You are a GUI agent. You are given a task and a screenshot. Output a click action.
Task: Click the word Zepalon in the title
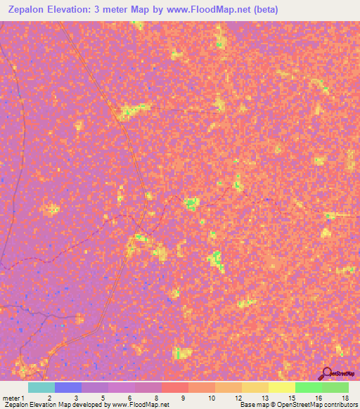pos(32,10)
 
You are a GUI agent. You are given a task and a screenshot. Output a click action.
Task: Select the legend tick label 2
pos(49,398)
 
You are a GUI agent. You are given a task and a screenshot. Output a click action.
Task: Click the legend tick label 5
pos(103,398)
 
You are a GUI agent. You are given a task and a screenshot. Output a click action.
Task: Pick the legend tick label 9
pos(183,398)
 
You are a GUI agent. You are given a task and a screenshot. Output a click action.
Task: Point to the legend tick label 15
pos(291,398)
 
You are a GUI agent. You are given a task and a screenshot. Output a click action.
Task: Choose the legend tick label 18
pos(345,398)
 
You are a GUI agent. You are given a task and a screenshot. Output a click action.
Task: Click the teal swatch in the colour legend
pos(41,387)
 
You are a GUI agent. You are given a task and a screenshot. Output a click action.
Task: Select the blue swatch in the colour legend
pos(67,387)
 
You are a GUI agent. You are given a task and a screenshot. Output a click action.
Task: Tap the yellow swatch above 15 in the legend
pos(281,387)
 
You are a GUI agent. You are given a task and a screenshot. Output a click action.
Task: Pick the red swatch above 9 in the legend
pos(174,387)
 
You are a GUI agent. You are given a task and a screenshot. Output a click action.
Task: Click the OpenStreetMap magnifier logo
pos(326,372)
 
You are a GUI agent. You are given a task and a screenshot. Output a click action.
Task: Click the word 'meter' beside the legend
pos(10,398)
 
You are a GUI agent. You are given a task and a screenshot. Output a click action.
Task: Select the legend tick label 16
pos(318,398)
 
